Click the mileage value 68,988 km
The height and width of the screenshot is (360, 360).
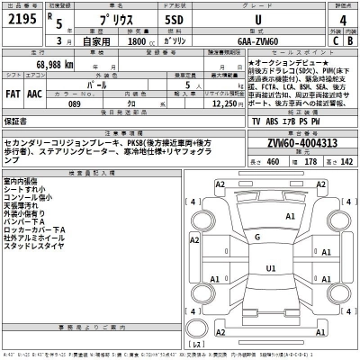[56, 67]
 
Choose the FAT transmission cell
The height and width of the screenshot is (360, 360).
[13, 92]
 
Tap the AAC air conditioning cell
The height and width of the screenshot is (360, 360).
[34, 92]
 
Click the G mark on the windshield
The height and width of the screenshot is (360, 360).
[258, 238]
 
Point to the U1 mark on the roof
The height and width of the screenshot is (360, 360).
[270, 268]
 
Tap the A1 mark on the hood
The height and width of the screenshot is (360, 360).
[291, 216]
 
